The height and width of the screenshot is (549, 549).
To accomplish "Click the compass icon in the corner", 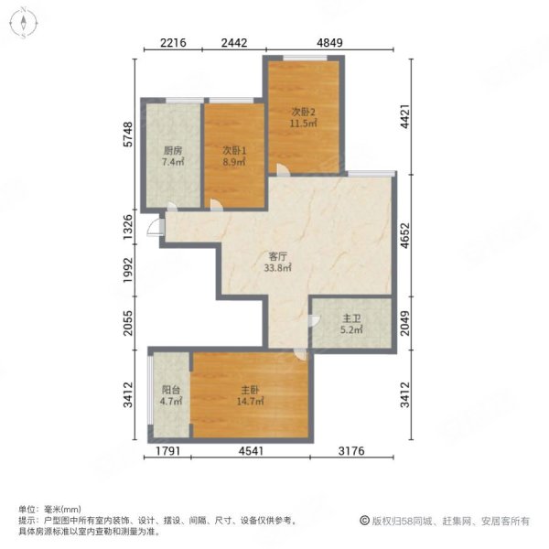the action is tap(24, 23).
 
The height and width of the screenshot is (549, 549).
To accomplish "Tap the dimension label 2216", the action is tap(173, 43).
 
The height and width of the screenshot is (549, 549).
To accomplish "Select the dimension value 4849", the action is tap(329, 43).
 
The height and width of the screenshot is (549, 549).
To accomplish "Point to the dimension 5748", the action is tap(128, 135).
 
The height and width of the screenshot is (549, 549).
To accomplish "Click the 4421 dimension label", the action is tap(405, 116).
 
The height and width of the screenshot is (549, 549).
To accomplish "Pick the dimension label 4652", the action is tap(405, 236).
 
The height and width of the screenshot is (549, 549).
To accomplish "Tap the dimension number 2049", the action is tap(405, 323).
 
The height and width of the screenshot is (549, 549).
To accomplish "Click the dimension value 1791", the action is tap(167, 450).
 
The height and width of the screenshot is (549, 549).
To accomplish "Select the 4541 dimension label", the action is tap(251, 450).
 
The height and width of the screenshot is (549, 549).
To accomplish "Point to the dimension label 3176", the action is tap(351, 450).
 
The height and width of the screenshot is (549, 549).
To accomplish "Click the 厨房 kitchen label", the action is tap(173, 151).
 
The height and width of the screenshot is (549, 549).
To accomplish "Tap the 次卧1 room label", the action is tap(234, 151).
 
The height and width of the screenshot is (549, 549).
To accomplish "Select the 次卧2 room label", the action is tap(303, 112).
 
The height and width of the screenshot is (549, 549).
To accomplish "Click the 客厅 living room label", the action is tap(277, 256).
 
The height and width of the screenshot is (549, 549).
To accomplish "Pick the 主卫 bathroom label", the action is tap(351, 318).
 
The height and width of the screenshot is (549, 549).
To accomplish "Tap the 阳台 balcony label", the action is tap(171, 390).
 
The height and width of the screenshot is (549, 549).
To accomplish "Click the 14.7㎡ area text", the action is tap(250, 402).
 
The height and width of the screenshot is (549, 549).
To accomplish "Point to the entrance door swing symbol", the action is tap(156, 227).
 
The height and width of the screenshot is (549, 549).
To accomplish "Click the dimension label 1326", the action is tap(128, 227).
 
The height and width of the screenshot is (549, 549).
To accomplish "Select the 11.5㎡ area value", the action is tap(303, 124).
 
